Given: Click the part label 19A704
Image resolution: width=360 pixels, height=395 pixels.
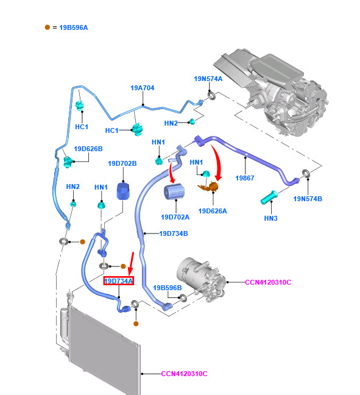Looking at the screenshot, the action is point(143,88).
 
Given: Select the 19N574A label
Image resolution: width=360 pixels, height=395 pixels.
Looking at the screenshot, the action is point(208,79).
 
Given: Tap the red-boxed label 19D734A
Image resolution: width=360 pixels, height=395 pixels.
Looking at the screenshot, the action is point(119,281).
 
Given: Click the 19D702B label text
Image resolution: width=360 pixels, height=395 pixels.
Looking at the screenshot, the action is point(122,163).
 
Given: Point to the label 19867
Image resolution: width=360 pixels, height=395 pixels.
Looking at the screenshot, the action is point(245,178).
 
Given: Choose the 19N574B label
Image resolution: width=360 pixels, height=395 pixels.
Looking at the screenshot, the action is point(308,199).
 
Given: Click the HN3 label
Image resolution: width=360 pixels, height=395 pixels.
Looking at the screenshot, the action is point(271,218).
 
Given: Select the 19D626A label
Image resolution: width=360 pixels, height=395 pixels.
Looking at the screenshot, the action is point(213,211).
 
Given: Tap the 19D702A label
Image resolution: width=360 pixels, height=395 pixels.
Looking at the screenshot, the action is point(175,217).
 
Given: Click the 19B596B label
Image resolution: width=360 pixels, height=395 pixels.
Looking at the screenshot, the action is point(168,288).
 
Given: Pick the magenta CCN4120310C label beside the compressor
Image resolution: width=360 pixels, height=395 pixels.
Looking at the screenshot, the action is point(268,282).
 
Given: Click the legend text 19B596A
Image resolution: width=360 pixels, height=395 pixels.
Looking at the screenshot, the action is point(74,27).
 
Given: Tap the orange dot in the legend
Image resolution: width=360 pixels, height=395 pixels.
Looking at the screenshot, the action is point(48,27).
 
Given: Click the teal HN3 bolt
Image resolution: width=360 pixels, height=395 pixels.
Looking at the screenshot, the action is point(269,197).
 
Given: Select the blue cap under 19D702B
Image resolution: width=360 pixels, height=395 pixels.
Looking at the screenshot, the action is point(123,191).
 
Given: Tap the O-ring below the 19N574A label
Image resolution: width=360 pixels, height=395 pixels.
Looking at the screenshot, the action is point(212,96).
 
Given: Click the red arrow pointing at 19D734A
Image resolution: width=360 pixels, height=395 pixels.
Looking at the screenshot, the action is point(131,264).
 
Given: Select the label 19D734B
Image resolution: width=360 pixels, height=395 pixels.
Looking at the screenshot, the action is point(174,233).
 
